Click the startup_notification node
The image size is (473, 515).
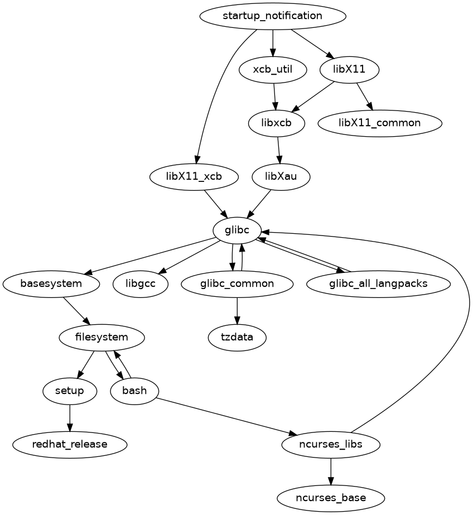coord(272,16)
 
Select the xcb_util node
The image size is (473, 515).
coord(272,70)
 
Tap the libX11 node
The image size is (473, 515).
coord(350,70)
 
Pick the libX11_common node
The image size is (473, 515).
coord(380,123)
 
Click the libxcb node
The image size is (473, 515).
coord(277,123)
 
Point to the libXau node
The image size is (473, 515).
coord(281,177)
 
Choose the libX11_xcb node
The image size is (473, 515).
coord(194,177)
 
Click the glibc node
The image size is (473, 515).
coord(238,230)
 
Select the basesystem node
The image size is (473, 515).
coord(51,283)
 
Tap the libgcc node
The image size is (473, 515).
coord(141,283)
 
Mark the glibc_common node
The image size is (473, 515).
coord(237,283)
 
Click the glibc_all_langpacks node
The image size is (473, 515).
coord(378,283)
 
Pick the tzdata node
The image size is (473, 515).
coord(237,337)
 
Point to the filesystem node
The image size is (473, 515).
coord(102,337)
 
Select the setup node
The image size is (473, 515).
coord(70,391)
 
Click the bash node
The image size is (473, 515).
coord(134,391)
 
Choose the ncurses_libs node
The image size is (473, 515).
coord(331,444)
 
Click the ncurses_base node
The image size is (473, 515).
coord(331,497)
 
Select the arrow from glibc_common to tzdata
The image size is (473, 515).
coord(238,310)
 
